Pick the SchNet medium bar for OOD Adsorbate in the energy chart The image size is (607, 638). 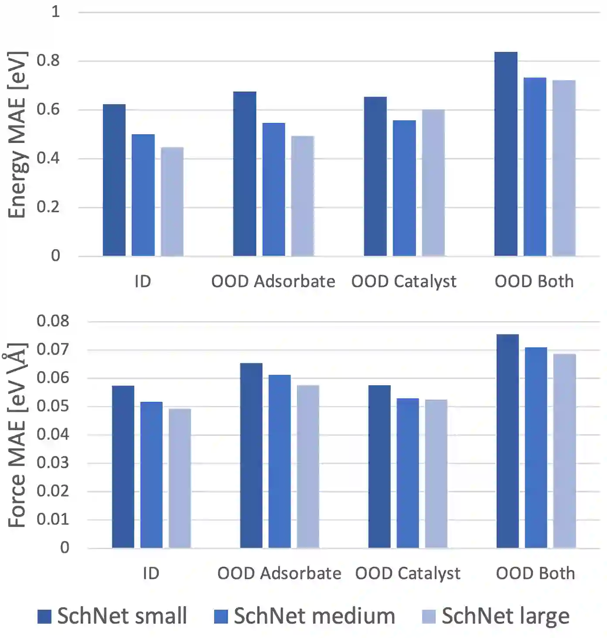click(273, 189)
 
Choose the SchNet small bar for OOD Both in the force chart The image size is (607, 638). click(508, 441)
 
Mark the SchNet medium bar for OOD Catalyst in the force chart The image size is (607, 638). click(408, 473)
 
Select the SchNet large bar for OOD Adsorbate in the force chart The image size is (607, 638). click(308, 466)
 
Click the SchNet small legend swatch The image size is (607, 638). click(44, 616)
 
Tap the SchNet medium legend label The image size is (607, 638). click(314, 616)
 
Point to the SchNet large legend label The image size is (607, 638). click(505, 616)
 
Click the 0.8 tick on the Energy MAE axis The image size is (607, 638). click(48, 61)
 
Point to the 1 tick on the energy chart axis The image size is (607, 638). click(55, 12)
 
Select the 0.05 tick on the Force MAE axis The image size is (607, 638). click(52, 406)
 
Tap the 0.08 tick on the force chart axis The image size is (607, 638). click(52, 321)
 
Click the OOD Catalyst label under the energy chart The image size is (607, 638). click(404, 282)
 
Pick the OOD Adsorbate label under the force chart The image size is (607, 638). click(279, 574)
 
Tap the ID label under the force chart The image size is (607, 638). click(151, 574)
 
